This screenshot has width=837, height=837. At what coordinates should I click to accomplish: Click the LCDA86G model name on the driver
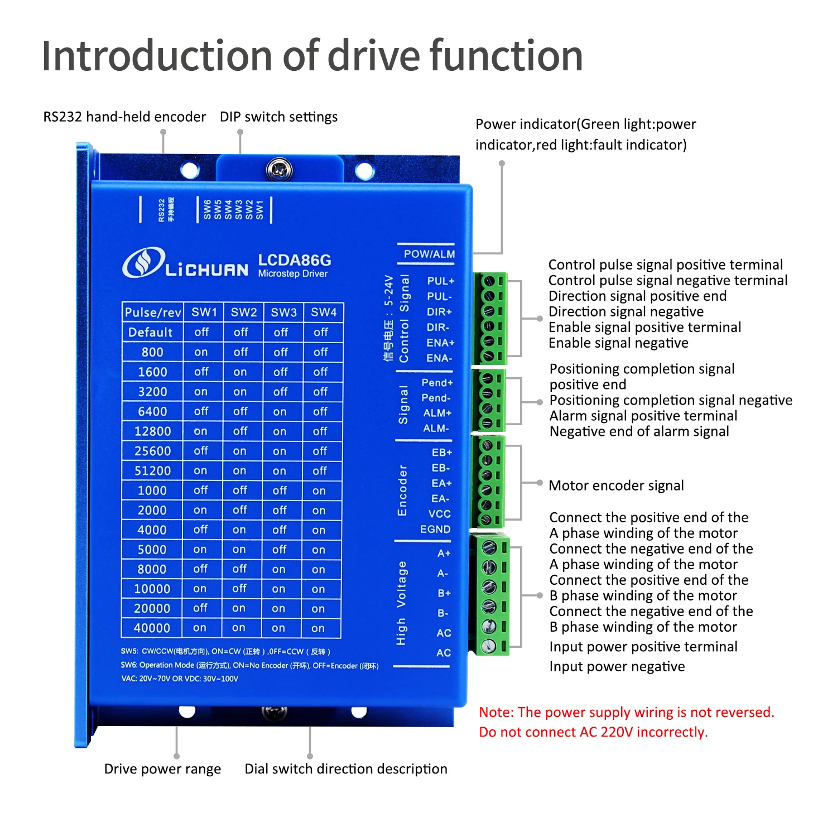(x=294, y=260)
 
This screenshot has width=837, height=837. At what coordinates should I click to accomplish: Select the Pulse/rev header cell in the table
(x=153, y=312)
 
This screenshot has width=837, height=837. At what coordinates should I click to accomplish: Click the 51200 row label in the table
(x=152, y=471)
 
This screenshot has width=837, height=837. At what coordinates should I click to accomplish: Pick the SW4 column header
(x=324, y=312)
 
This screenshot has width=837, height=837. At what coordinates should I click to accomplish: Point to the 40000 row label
(x=152, y=628)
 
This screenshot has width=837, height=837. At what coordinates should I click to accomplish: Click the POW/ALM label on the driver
(x=429, y=254)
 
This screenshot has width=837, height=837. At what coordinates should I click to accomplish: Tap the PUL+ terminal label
(x=440, y=281)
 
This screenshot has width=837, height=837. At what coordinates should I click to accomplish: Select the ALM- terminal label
(x=436, y=429)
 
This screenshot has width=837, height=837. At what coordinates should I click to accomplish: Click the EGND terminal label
(x=435, y=529)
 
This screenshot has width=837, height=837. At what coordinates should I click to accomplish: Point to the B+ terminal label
(x=444, y=593)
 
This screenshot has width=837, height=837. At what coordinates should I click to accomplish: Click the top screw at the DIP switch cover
(x=280, y=169)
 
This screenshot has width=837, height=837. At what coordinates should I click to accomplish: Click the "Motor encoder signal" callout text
(x=616, y=485)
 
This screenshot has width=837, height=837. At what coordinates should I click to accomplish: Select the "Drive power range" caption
(x=162, y=769)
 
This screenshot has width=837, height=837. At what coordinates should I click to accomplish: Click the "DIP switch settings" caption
(x=278, y=117)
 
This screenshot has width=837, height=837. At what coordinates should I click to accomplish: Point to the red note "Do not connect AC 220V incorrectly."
(x=593, y=732)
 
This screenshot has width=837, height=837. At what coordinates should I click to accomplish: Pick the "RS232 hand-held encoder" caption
(x=124, y=117)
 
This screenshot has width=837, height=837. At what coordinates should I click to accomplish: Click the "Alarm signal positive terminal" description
(x=643, y=416)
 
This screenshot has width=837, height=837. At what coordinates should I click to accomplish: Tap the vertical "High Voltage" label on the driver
(x=401, y=603)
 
